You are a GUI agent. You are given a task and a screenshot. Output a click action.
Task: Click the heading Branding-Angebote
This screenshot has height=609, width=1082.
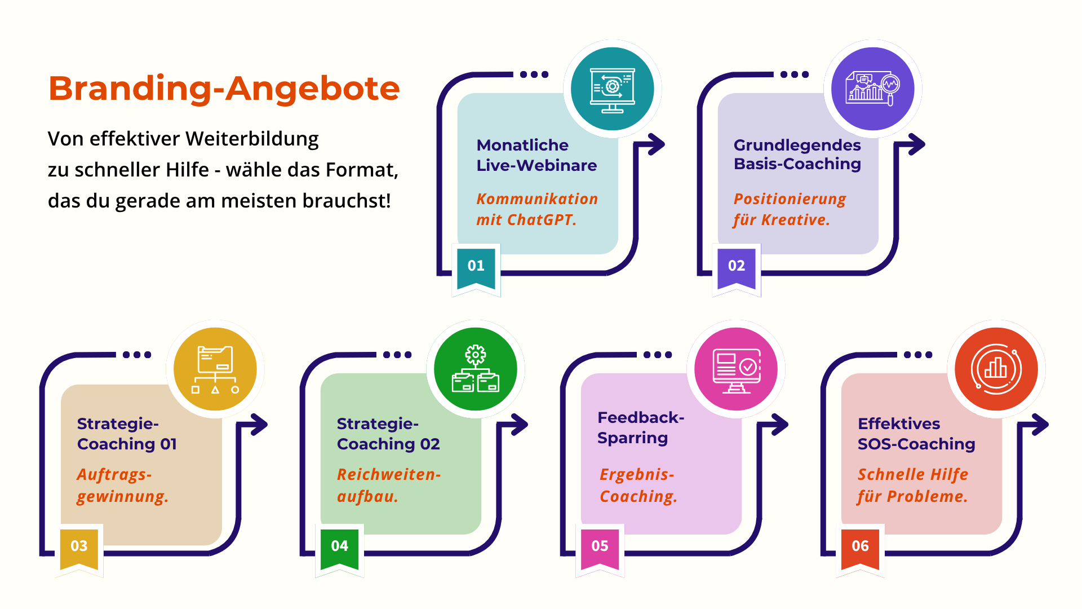click(224, 89)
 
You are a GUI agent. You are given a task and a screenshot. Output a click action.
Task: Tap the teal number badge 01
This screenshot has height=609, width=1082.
click(476, 266)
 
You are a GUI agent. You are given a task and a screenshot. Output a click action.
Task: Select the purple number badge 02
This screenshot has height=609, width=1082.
click(737, 266)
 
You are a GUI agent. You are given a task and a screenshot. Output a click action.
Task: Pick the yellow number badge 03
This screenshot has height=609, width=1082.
click(79, 546)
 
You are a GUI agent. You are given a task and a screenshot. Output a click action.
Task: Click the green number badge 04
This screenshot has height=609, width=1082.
click(339, 546)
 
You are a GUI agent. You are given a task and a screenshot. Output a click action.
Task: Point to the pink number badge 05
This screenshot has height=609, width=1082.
click(600, 546)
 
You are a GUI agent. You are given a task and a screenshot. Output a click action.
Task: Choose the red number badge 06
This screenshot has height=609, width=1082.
click(860, 546)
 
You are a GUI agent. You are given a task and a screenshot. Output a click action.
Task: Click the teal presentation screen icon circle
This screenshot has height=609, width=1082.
click(612, 89)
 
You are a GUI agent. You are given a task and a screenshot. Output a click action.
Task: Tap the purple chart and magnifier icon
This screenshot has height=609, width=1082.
click(872, 89)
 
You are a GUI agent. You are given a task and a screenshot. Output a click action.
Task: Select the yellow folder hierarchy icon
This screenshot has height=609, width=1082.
click(215, 369)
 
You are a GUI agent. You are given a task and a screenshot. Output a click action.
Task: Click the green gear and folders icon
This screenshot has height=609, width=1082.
click(475, 369)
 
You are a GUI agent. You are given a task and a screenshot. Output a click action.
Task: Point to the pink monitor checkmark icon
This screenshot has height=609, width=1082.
click(736, 369)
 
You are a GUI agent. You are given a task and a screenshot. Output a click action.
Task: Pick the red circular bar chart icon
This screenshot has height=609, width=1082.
click(996, 369)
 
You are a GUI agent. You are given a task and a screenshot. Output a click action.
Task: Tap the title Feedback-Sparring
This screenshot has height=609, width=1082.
click(640, 427)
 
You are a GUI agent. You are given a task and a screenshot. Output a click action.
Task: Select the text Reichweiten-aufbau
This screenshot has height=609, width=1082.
click(388, 485)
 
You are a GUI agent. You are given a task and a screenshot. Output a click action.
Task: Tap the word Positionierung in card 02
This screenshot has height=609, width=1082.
click(790, 199)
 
